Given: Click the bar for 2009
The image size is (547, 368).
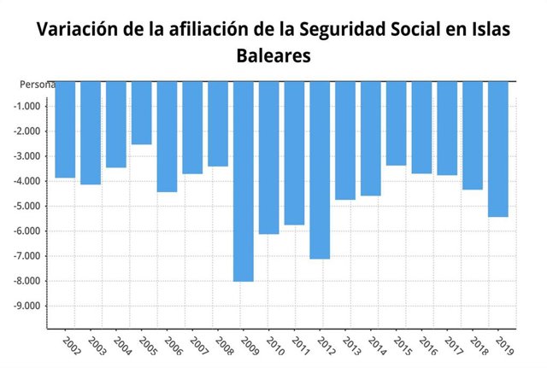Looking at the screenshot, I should [x=244, y=181].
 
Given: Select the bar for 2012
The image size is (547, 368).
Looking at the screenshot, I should [x=320, y=170].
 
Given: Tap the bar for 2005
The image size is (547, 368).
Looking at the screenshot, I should [x=142, y=113].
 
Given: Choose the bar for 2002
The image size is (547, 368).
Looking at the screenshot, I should [x=66, y=129].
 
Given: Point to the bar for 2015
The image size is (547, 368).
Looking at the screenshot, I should [x=396, y=123].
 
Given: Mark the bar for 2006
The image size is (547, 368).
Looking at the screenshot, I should [x=168, y=136].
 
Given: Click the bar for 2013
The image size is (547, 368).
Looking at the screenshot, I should [x=345, y=140].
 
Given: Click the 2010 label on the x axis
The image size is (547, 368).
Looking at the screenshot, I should [x=275, y=346].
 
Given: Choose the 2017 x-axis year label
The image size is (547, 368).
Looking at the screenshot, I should [x=454, y=346].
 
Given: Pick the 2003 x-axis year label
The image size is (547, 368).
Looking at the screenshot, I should [x=97, y=346].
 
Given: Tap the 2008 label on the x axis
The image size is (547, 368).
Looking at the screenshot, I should [x=224, y=346].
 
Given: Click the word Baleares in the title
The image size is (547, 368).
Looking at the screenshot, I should [x=273, y=56].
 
